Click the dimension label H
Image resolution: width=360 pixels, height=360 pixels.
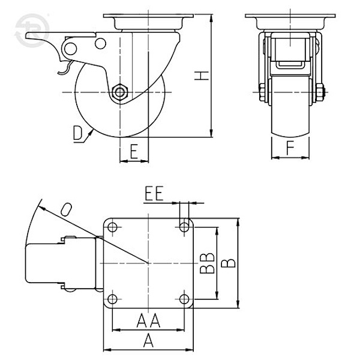(202, 76)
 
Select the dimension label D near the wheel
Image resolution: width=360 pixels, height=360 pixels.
(77, 133)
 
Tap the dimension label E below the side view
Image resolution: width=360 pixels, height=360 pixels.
(134, 152)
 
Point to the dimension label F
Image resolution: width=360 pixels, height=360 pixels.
(290, 148)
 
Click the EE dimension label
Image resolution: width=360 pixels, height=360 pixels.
(154, 193)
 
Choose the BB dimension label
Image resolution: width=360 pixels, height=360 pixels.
(207, 263)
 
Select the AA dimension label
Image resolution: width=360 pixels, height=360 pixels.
(149, 320)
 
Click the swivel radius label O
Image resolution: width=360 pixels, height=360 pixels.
(66, 209)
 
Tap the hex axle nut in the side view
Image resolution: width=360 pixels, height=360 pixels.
(119, 92)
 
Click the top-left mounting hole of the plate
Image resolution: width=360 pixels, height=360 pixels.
(112, 227)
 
